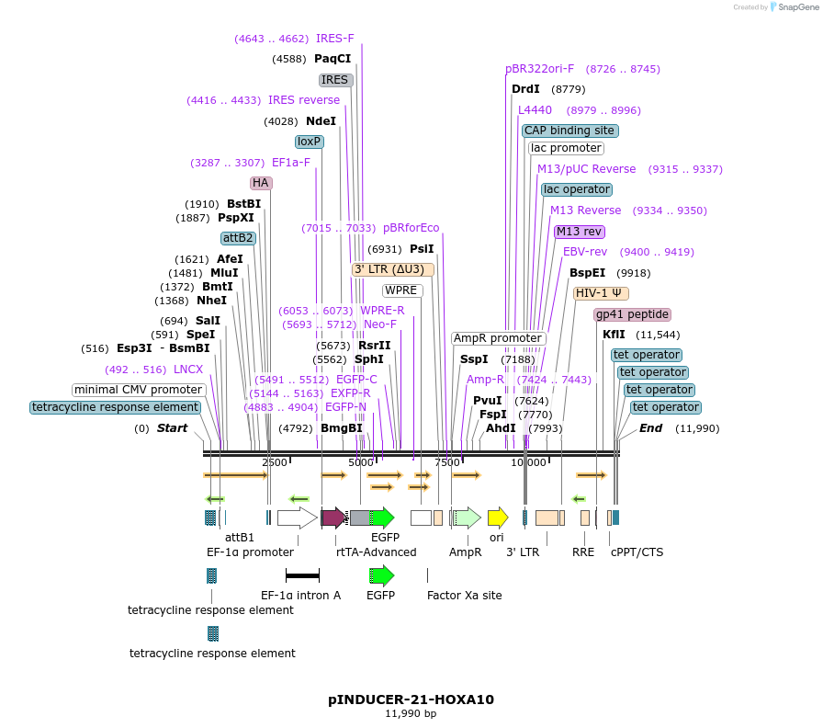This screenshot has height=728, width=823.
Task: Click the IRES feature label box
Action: pos(335,80)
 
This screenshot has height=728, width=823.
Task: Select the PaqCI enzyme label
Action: pos(333,59)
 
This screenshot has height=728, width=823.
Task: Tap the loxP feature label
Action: pos(309,142)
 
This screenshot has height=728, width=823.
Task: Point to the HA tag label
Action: pos(261,183)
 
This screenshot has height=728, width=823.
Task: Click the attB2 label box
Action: pos(238,238)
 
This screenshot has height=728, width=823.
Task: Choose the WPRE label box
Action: pos(402,290)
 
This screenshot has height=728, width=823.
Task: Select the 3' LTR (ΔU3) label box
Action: pos(389,269)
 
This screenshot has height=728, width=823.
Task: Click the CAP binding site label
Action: pos(570,131)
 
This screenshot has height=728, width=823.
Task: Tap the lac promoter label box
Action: pos(566,148)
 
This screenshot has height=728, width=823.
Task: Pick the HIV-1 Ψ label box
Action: pos(602,293)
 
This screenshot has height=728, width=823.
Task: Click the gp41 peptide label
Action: pos(633,314)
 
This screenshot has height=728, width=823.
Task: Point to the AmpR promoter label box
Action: pos(498,338)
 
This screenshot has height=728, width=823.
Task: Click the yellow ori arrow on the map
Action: pos(498,517)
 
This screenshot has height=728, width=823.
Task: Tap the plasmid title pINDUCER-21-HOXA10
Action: pos(411,700)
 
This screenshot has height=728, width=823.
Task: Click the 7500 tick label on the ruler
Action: pos(447,462)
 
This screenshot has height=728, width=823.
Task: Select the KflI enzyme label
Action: pos(614,335)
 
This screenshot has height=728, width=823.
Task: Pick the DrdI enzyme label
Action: pos(525,89)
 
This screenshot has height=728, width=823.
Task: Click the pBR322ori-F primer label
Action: pos(540,69)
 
